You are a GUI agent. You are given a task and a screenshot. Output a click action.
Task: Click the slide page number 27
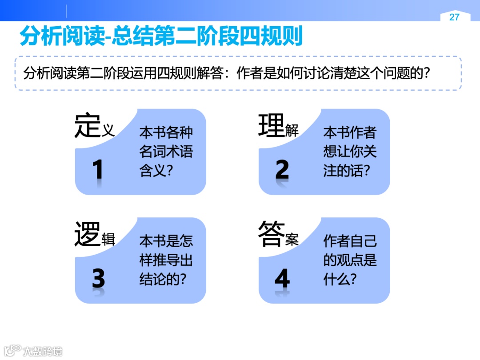point(454,17)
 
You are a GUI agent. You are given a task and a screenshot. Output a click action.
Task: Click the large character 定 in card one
point(88,125)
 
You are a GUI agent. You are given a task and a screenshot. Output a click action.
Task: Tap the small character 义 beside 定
point(108,130)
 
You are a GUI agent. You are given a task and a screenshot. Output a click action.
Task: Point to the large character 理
point(271,125)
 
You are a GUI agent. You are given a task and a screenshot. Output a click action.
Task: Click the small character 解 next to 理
point(292,131)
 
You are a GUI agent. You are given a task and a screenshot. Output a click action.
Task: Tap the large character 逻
point(88,235)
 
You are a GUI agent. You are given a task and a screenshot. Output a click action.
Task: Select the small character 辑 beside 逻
point(108,240)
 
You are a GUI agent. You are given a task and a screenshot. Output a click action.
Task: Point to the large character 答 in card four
point(271,234)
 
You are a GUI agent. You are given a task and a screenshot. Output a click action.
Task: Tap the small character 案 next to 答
point(292,240)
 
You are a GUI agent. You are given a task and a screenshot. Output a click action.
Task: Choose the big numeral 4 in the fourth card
point(282,279)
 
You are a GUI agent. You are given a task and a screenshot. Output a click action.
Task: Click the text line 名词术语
point(166,152)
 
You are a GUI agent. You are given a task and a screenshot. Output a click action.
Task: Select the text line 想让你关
point(350,152)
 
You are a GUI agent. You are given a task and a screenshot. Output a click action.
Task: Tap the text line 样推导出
point(166,260)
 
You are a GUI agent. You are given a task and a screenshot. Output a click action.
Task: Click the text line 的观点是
point(350,260)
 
